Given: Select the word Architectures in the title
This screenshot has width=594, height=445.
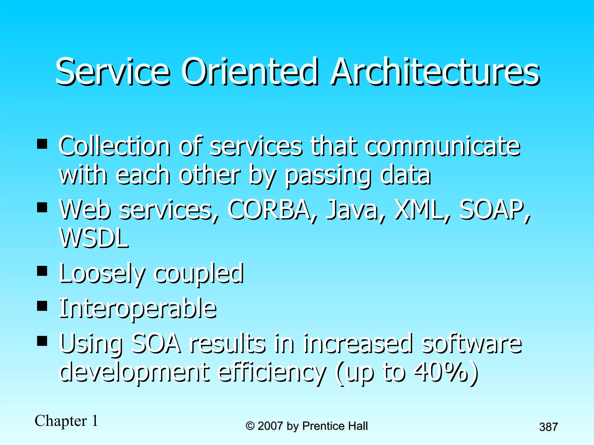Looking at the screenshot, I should tap(435, 72).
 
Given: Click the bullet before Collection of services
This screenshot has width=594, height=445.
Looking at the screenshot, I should tap(42, 144).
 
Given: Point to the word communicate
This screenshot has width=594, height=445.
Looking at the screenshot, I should tap(442, 146).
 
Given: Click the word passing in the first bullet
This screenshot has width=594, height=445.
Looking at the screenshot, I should tap(328, 176).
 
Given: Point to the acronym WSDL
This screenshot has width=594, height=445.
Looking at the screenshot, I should tap(94, 238).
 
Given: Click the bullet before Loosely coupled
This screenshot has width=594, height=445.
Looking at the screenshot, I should tap(42, 271).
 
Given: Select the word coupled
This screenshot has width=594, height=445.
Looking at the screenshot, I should tap(199, 274).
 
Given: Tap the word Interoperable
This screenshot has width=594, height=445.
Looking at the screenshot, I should tap(138, 309).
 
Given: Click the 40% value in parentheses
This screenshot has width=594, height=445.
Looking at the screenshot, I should tap(441, 372).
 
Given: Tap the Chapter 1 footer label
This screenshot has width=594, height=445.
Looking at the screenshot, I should tap(66, 421).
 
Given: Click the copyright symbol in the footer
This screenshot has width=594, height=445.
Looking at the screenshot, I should tap(250, 426).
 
